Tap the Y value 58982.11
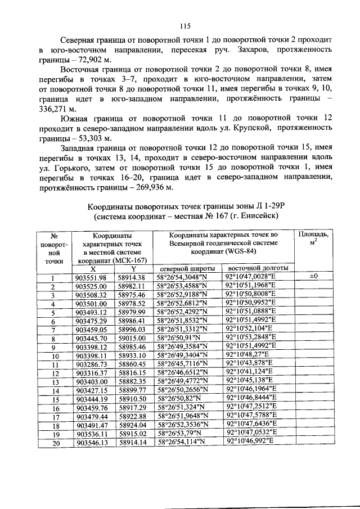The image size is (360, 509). click(132, 286)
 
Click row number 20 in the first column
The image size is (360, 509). click(55, 443)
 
